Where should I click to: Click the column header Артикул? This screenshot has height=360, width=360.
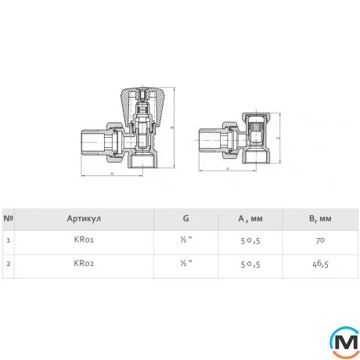[84, 218]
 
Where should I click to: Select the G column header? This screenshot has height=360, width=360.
[185, 218]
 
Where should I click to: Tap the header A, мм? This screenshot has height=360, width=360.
[250, 218]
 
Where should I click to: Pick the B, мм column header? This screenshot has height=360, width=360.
[320, 218]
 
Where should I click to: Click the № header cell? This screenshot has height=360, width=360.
[9, 218]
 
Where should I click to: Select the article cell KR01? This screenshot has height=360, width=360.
[84, 239]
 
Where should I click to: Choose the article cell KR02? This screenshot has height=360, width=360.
[84, 263]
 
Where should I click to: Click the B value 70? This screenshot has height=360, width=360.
[320, 240]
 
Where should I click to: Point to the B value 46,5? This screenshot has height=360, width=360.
[320, 264]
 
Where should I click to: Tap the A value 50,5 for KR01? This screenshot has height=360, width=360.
[250, 240]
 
